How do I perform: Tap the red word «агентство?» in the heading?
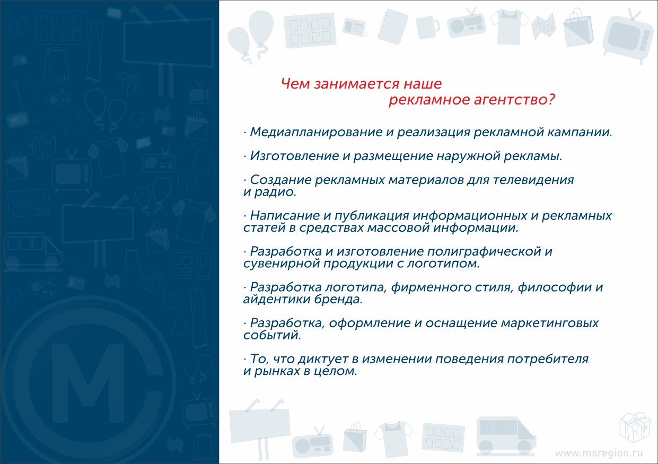tap(514, 100)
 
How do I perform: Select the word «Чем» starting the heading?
tap(296, 84)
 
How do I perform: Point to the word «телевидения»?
tap(533, 180)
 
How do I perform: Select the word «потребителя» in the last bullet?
tap(548, 360)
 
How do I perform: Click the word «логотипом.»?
tap(443, 264)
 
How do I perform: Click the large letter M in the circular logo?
tap(89, 383)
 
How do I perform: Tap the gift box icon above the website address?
tap(634, 427)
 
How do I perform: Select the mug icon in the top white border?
tap(427, 27)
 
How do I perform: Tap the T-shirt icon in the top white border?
tap(509, 27)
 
